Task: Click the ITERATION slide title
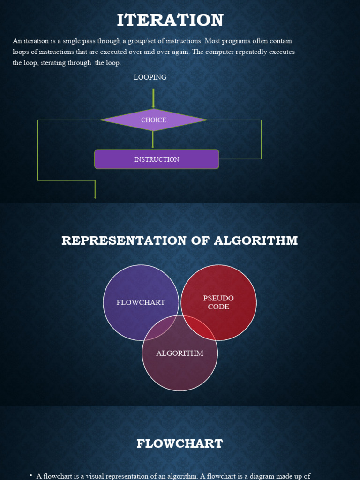point(170,20)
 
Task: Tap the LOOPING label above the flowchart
point(150,77)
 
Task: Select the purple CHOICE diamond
point(153,120)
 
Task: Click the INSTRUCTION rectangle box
point(157,159)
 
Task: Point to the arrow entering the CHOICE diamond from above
point(153,98)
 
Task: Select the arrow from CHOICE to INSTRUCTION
point(153,140)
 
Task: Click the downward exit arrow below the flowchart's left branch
point(95,190)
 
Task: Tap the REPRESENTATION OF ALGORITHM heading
point(180,240)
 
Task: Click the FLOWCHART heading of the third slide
point(180,443)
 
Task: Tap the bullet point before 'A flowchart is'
point(30,476)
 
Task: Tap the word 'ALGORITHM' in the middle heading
point(256,240)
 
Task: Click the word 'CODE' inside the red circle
point(218,307)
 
